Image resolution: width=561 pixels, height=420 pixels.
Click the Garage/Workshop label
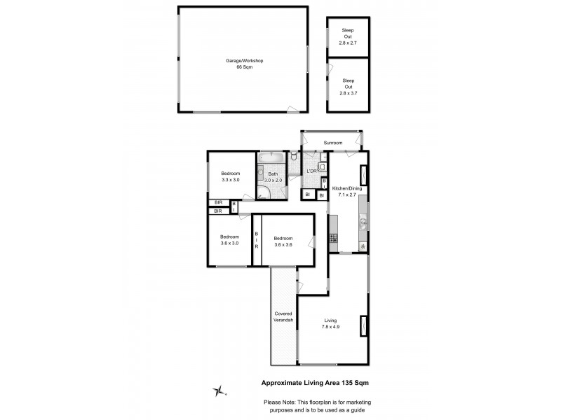point(244,61)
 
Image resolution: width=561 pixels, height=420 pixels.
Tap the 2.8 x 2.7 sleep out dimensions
point(348,43)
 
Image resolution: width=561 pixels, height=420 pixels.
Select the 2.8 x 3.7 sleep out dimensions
point(348,93)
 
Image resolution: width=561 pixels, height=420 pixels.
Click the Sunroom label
point(332,143)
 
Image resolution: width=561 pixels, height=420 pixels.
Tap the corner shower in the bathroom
point(263,192)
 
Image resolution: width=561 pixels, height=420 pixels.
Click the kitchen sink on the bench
point(363,224)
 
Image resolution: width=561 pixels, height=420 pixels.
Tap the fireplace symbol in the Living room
point(363,327)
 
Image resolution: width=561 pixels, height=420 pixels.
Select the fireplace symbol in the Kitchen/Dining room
point(363,174)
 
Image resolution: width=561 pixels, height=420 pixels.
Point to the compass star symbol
point(221,390)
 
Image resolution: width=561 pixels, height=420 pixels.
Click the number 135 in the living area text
point(343,383)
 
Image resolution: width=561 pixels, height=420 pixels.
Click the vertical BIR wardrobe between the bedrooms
point(257,241)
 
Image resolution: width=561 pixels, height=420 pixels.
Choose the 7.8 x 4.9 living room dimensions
point(330,326)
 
